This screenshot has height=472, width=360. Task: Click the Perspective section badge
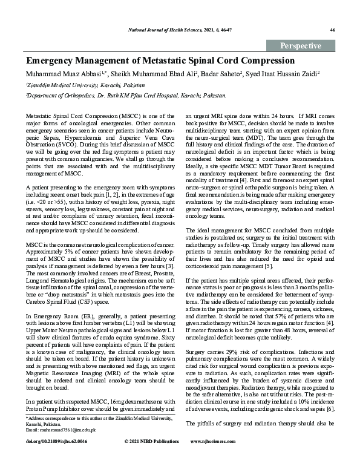(x=301, y=46)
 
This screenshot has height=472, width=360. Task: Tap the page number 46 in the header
(x=332, y=30)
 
